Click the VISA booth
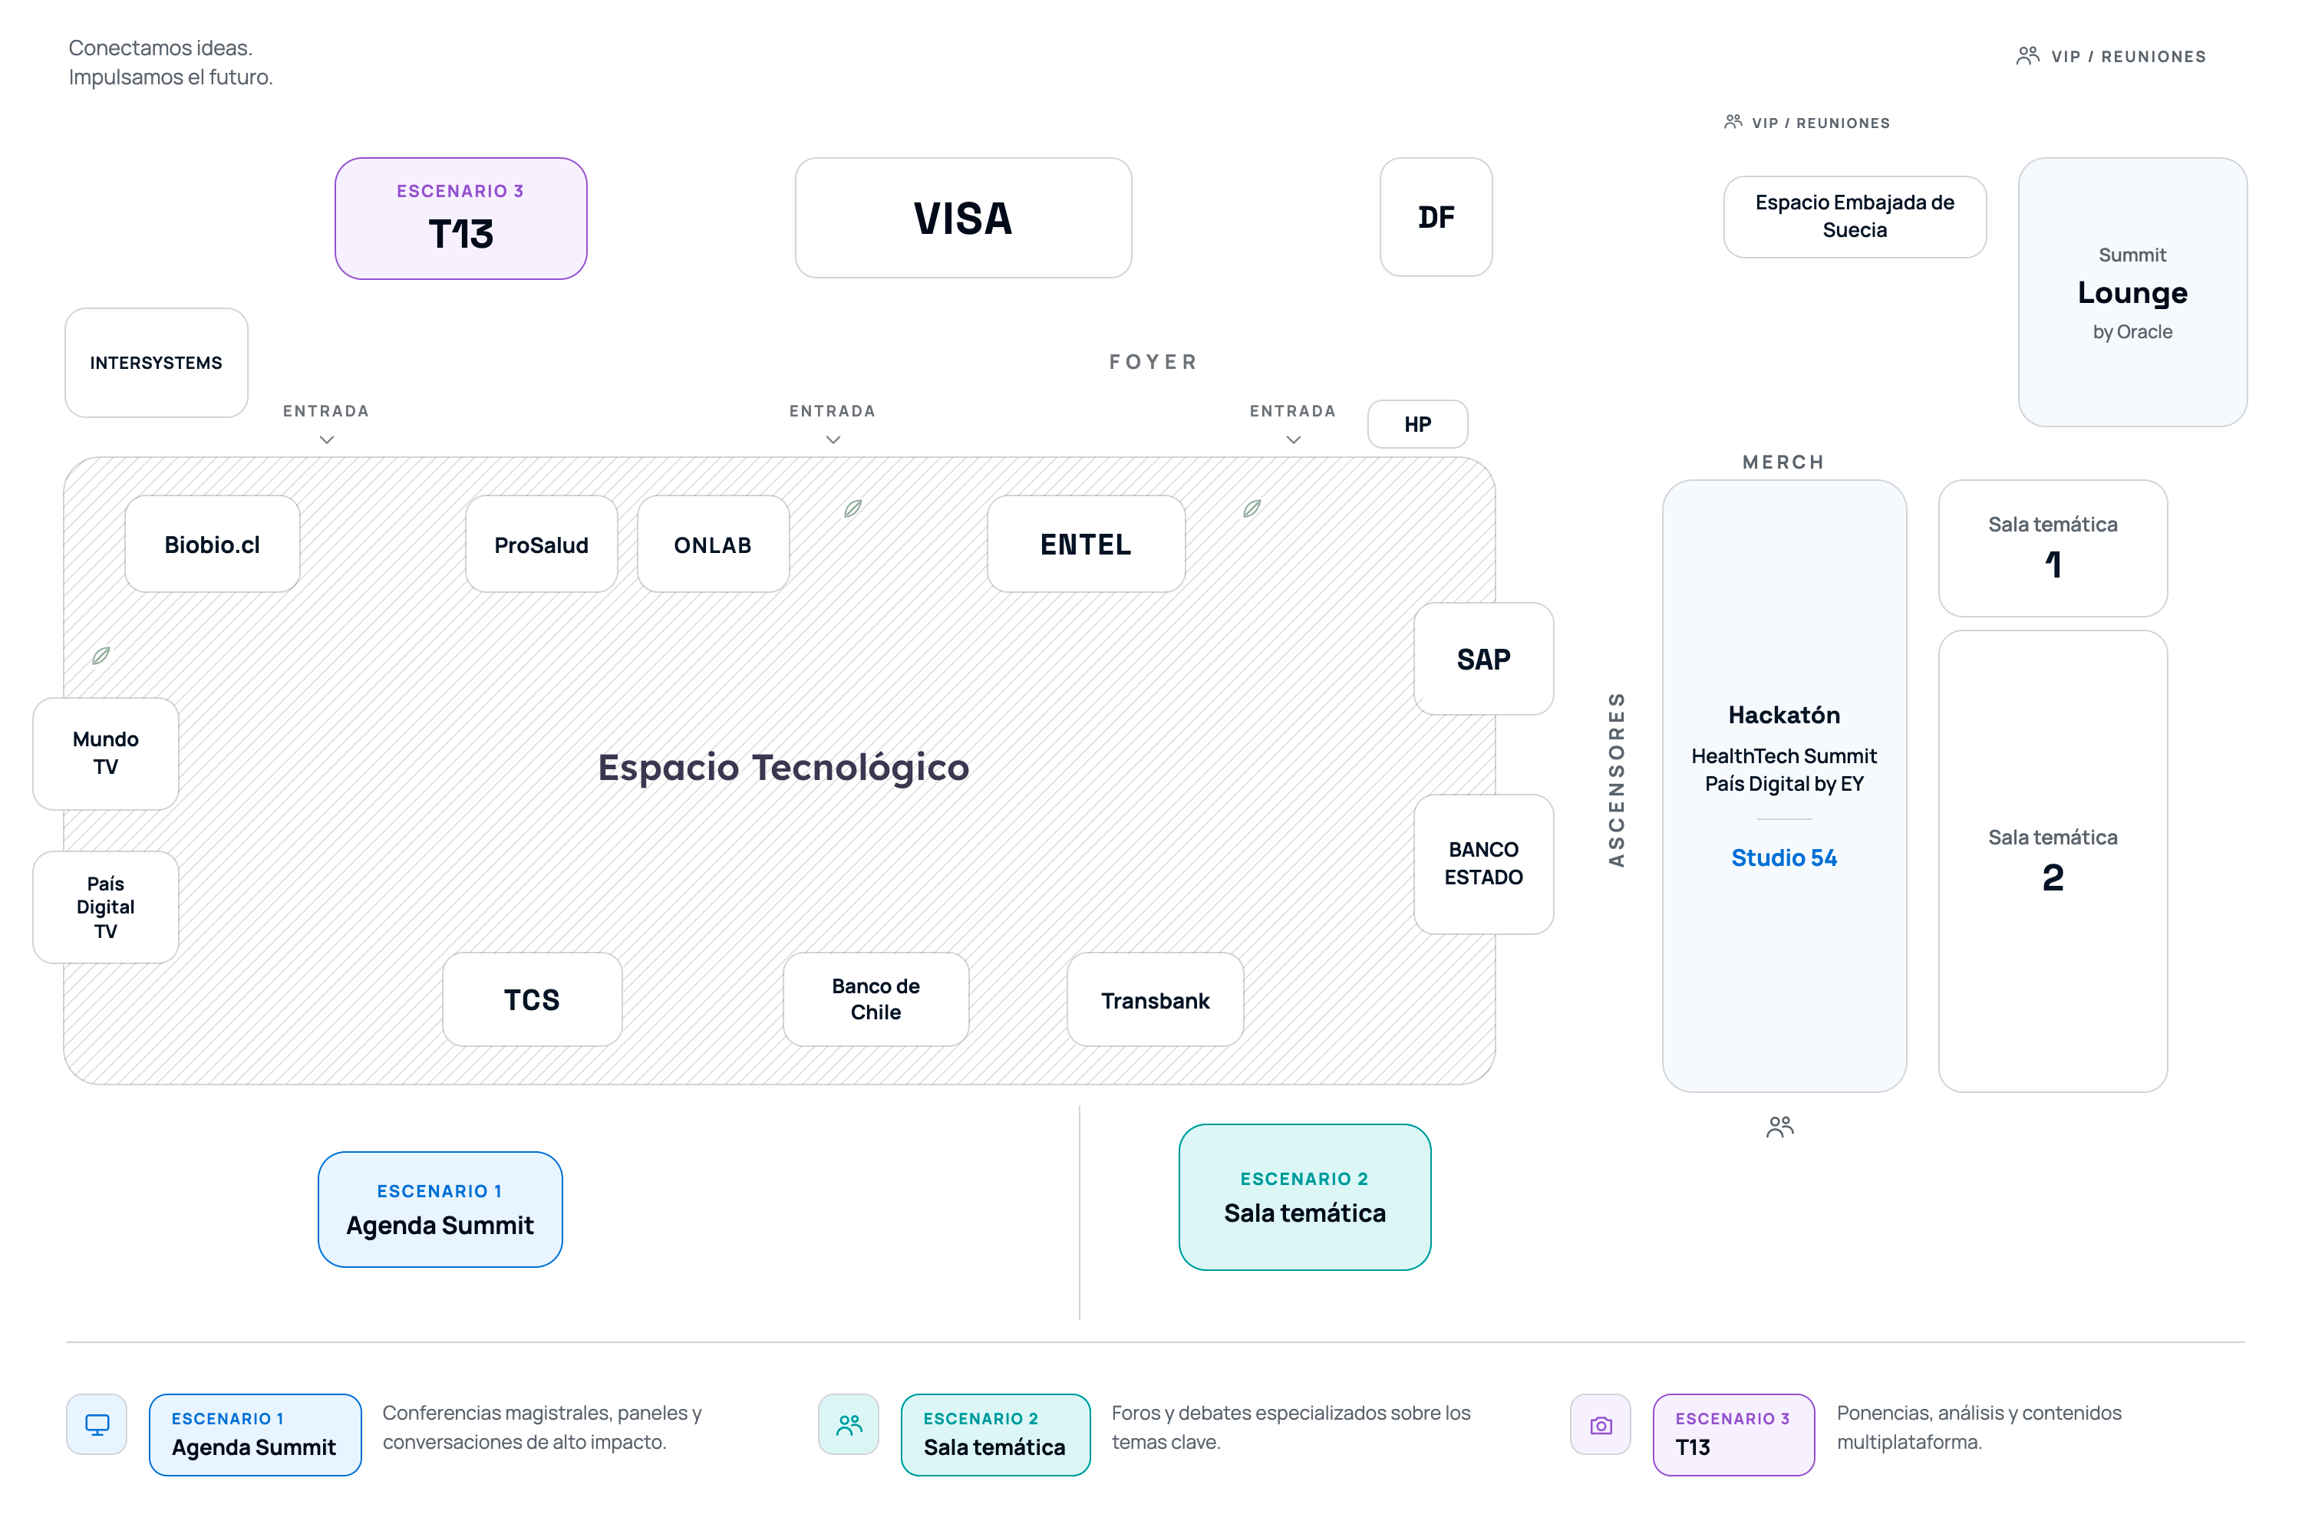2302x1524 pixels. (962, 218)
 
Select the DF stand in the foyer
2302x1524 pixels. (1436, 217)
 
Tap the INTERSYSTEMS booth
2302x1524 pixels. (157, 363)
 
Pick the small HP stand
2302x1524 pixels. (1417, 424)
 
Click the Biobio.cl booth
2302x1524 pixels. (212, 545)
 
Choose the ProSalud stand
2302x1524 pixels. (542, 545)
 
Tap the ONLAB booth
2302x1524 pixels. (713, 545)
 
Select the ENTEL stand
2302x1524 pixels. (1086, 545)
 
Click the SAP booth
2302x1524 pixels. (1483, 659)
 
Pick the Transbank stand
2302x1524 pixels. (1155, 1000)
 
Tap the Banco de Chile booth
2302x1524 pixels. (876, 999)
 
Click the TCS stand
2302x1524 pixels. (532, 999)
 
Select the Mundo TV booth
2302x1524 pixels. (106, 753)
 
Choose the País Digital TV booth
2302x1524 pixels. (106, 907)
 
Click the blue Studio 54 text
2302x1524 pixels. (1784, 857)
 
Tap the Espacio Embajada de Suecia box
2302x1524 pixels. (1855, 217)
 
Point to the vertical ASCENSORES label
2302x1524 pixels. (1616, 779)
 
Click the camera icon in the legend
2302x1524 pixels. (1600, 1425)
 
